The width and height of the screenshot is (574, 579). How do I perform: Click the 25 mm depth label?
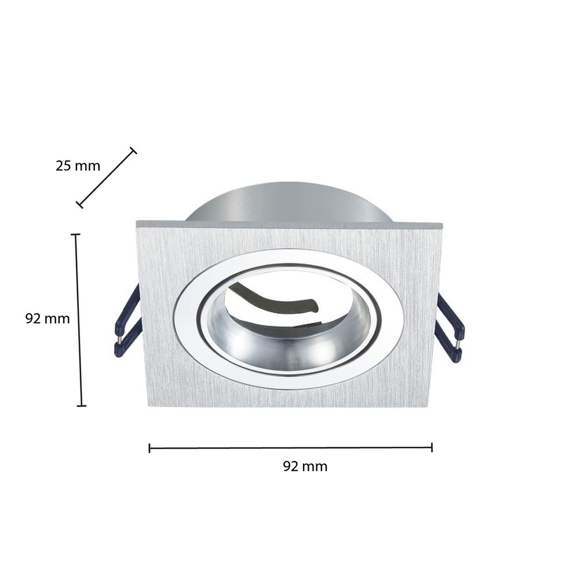[78, 166]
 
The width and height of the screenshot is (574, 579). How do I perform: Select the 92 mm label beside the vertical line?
[47, 318]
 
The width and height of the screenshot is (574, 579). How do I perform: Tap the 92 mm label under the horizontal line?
[305, 467]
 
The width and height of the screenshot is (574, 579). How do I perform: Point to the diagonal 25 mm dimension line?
[107, 178]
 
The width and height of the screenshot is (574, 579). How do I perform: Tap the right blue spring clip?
[451, 328]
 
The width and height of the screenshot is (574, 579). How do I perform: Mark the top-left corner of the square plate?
[137, 222]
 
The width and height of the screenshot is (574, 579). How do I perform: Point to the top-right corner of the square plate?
[442, 223]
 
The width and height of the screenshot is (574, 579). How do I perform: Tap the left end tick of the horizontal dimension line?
[149, 448]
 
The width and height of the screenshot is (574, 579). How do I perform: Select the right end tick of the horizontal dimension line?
[432, 448]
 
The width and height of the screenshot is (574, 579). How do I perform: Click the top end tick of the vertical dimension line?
[75, 234]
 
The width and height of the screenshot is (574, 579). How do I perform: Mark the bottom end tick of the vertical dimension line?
[82, 405]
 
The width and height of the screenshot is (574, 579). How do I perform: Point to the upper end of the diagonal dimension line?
[133, 151]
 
